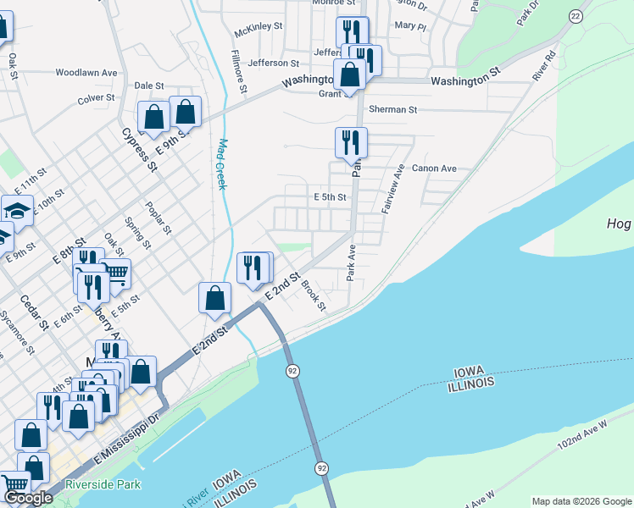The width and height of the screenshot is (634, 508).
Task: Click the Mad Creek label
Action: [x=222, y=164]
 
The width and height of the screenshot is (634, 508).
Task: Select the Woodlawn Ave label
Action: [x=86, y=73]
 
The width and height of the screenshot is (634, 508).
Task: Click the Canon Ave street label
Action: [x=434, y=168]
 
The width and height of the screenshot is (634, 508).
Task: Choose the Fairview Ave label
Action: [x=391, y=189]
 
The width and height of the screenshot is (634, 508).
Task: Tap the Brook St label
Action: [x=314, y=295]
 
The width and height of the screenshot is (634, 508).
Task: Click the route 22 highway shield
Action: [x=576, y=16]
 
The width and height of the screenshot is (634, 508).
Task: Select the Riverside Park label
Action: [x=103, y=484]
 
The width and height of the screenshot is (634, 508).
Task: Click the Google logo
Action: [x=28, y=498]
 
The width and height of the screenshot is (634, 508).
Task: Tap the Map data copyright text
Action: [x=581, y=501]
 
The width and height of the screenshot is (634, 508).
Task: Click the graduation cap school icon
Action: [x=16, y=209]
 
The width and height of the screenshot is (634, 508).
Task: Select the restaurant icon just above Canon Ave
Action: [x=351, y=142]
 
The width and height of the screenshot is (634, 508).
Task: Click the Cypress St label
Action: [x=140, y=149]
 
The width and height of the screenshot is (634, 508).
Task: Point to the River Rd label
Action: [x=543, y=67]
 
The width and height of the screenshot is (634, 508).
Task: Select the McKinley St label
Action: [x=259, y=27]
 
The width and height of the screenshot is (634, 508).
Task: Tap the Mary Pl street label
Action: [x=410, y=26]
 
